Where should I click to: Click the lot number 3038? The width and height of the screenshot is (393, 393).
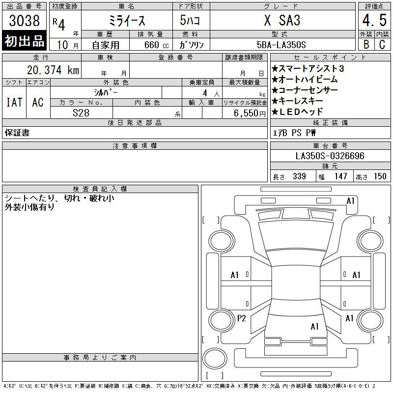[x=24, y=21]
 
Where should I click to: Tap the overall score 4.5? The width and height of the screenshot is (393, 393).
[x=374, y=20]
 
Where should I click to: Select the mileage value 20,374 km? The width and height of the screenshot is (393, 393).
[x=53, y=70]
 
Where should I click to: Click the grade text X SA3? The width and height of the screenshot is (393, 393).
[x=282, y=20]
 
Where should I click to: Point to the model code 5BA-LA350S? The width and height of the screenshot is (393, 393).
[x=281, y=45]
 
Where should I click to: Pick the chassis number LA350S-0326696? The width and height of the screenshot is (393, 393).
[x=330, y=156]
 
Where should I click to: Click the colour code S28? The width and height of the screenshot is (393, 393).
[x=81, y=113]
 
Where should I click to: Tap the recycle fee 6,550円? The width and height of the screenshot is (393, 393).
[x=250, y=113]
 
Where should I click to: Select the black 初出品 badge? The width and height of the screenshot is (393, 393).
[x=24, y=41]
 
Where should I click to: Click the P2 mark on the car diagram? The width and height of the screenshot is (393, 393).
[x=241, y=318]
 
